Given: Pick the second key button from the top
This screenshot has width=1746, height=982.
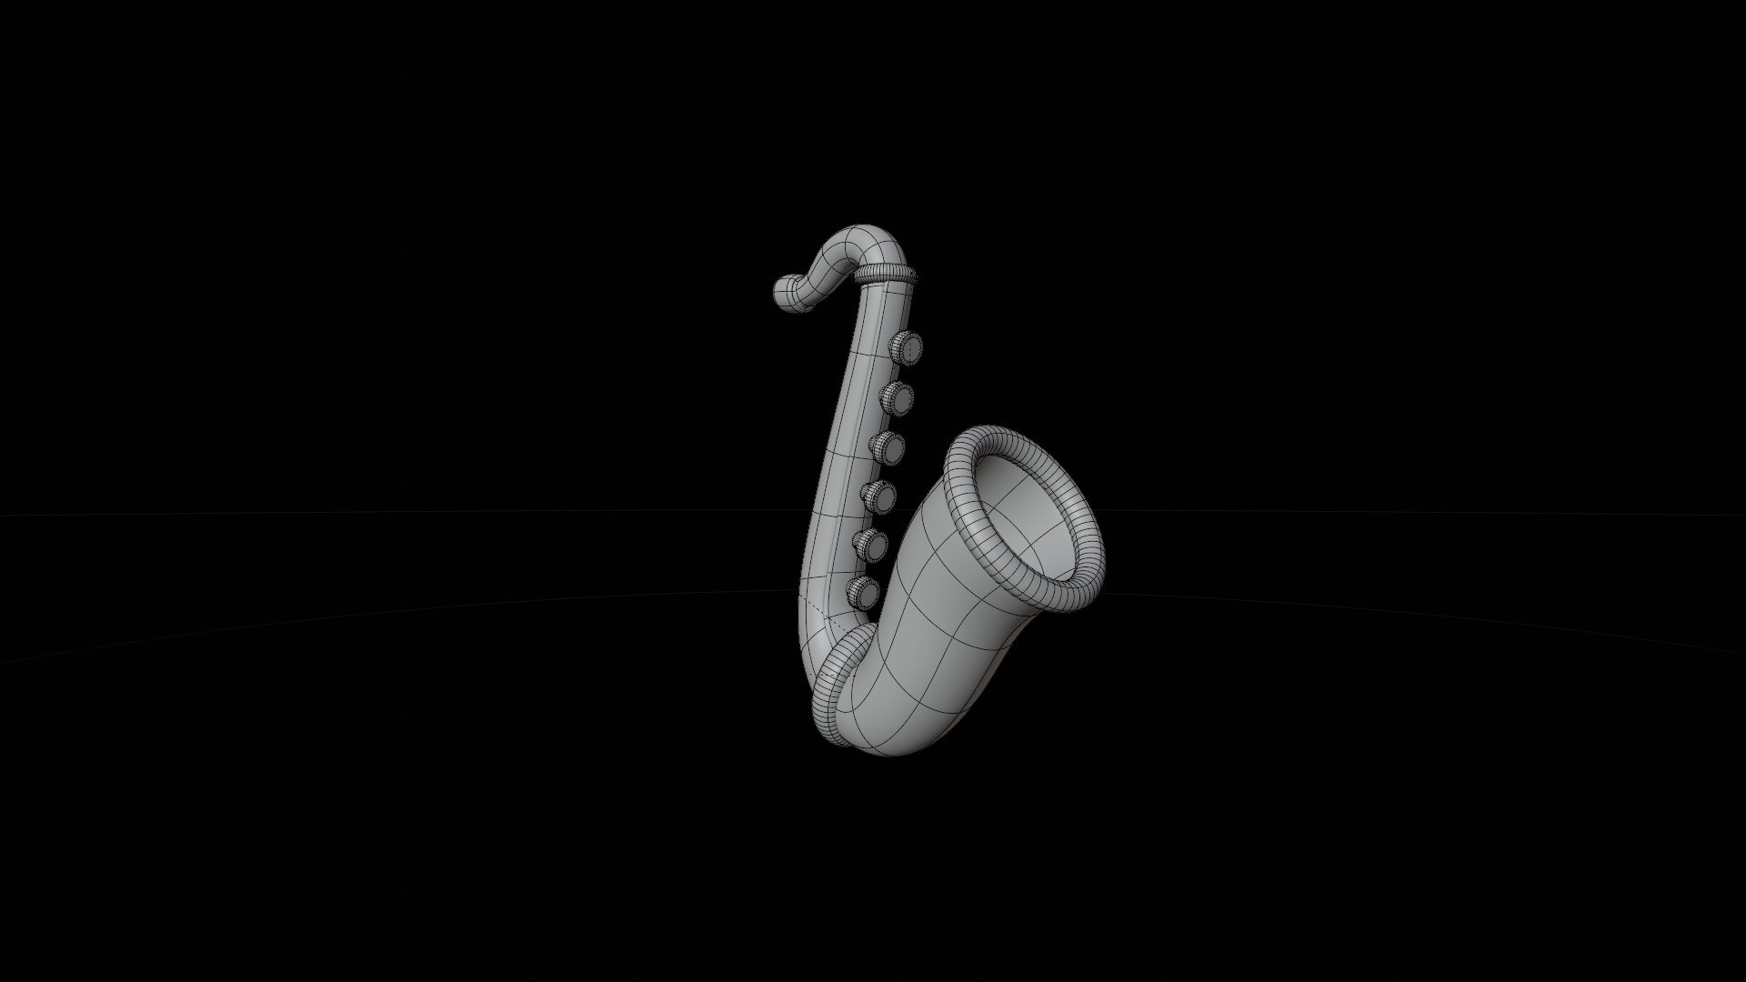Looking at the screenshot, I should pyautogui.click(x=897, y=397).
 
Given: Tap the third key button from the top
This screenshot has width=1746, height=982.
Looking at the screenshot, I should pyautogui.click(x=888, y=447).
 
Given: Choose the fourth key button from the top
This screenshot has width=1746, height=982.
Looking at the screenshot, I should pyautogui.click(x=878, y=496).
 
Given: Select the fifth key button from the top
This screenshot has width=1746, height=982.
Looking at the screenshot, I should pyautogui.click(x=872, y=545).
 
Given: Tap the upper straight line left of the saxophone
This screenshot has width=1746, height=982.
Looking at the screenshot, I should pyautogui.click(x=364, y=514).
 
